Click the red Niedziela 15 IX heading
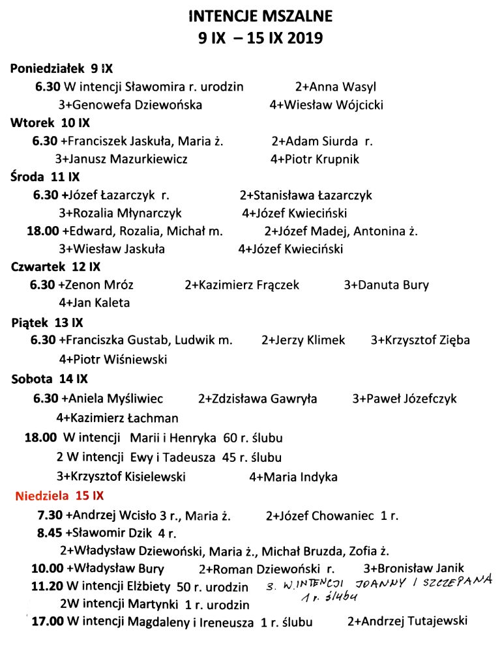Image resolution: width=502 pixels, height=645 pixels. tap(59, 495)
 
